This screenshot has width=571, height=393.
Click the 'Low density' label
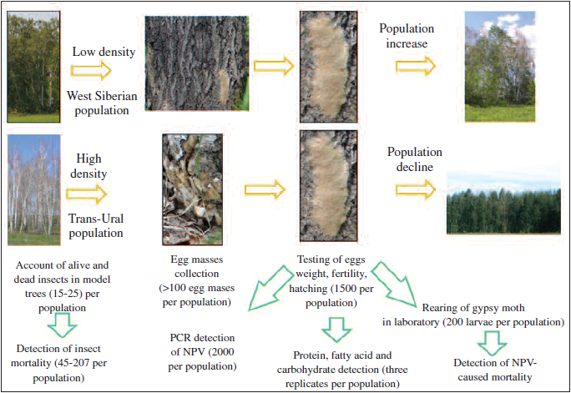104,52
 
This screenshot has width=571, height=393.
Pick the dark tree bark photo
188,63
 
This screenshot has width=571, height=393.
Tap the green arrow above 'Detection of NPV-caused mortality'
493,340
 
